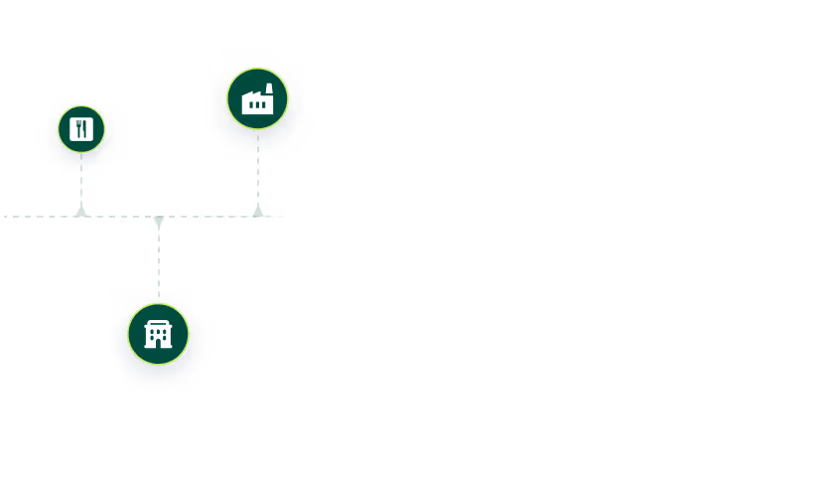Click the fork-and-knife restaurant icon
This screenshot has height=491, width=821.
(x=81, y=130)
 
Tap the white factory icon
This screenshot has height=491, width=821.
(x=257, y=99)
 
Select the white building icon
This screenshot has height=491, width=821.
(x=158, y=334)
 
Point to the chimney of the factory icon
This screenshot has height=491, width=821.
(x=268, y=88)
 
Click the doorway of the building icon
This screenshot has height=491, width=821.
(x=158, y=341)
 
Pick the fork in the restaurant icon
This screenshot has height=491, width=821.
(x=77, y=130)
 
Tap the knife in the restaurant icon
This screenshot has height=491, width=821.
(x=85, y=130)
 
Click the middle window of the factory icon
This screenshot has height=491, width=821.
(x=257, y=104)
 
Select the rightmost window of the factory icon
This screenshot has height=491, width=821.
(x=265, y=104)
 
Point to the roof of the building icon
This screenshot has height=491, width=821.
(x=158, y=323)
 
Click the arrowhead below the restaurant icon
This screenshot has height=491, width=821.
(x=81, y=209)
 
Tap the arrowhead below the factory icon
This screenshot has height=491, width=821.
(x=258, y=209)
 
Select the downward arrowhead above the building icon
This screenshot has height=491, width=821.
(x=159, y=223)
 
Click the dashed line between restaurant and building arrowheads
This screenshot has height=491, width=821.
(x=119, y=216)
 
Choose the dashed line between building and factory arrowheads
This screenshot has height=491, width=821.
(x=208, y=216)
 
